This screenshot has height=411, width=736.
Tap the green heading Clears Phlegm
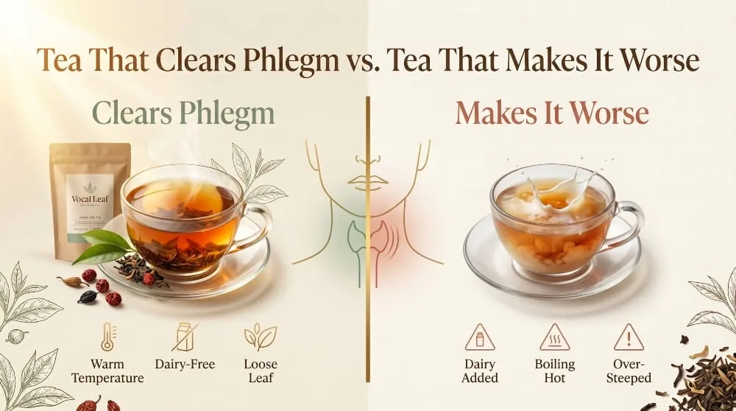[183, 114]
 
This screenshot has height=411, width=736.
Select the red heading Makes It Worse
[552, 114]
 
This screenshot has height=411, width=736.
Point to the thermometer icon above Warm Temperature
[108, 336]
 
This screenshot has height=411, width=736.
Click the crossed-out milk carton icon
[184, 337]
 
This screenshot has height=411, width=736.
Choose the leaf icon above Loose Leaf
[260, 336]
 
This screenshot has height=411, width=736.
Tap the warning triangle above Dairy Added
[480, 337]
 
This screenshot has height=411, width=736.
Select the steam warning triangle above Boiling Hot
[554, 337]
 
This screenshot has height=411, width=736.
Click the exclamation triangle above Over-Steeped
[629, 337]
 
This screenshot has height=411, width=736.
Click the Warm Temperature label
[108, 371]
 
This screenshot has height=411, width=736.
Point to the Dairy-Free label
[184, 364]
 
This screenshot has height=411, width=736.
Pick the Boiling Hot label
[554, 371]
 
